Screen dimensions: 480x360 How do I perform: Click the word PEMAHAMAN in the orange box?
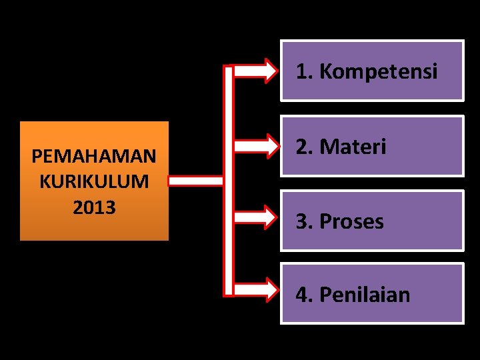94,157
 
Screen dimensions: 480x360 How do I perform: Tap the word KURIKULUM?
94,181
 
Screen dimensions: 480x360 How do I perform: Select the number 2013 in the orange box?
94,207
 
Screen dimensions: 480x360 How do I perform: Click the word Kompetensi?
379,71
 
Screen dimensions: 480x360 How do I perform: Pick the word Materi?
353,147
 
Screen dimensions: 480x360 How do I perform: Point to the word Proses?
352,221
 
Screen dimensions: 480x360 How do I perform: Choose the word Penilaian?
365,294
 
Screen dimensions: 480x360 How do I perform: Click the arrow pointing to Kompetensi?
256,70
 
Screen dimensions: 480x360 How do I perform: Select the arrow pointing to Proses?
256,217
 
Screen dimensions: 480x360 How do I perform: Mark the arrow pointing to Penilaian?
256,289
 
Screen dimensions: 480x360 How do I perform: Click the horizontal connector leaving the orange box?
195,181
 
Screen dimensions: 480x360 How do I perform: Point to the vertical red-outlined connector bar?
229,180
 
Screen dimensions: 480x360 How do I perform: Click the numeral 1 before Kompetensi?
302,71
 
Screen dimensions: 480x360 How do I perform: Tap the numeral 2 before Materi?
302,147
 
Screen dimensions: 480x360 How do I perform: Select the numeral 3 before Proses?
302,221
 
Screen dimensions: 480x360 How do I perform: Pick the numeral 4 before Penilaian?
302,294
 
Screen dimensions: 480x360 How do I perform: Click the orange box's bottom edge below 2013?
94,239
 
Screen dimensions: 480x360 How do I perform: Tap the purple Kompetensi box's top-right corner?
462,42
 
